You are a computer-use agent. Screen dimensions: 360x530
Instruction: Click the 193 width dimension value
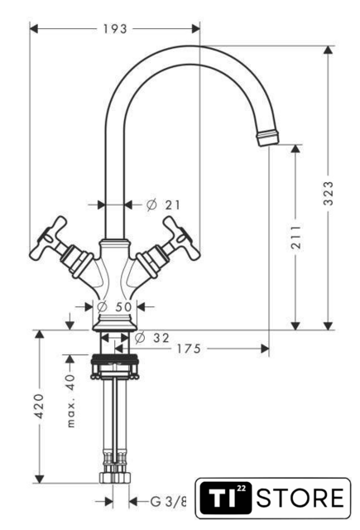coord(115,29)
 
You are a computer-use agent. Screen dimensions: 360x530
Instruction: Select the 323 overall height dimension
coord(329,193)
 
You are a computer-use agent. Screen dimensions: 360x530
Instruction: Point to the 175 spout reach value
coord(189,349)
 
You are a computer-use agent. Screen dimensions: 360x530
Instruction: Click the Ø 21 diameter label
coord(164,205)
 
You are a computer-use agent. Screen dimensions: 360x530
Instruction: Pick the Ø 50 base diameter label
coord(114,307)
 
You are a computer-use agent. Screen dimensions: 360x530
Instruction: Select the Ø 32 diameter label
coord(152,337)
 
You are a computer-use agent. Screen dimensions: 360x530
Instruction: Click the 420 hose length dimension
coord(40,406)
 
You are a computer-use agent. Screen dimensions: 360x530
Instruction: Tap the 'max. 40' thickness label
coord(71,401)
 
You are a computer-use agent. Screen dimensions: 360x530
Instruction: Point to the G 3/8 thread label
coord(168,501)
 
